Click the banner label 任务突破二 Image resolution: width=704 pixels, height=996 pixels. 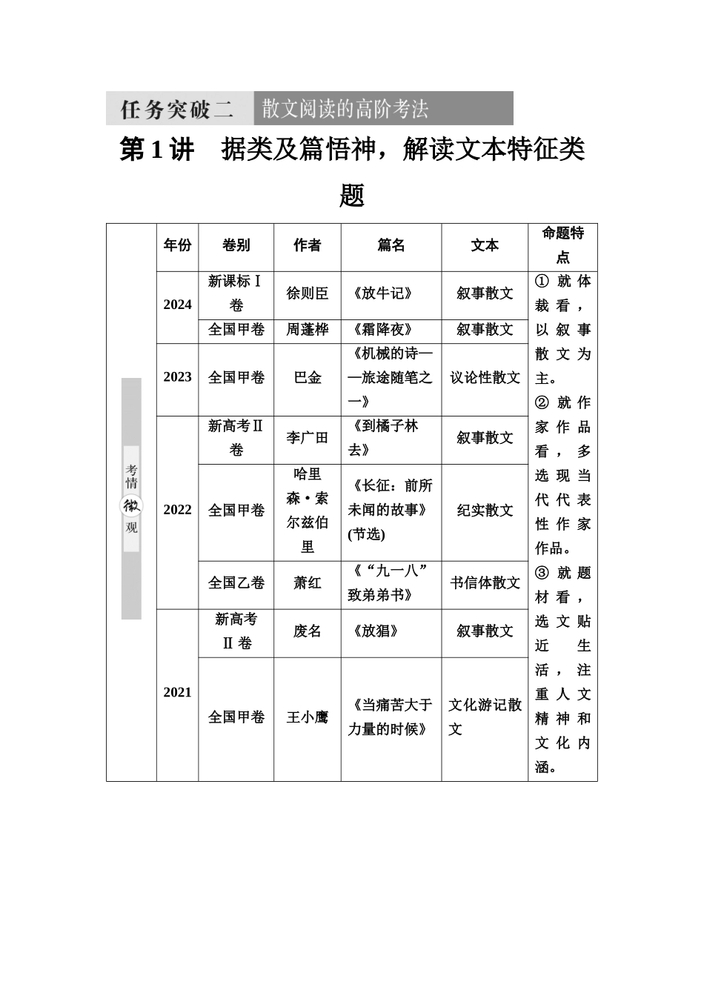(x=177, y=109)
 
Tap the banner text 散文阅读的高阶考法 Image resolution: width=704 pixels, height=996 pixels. (x=345, y=109)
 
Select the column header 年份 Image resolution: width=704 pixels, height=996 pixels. (x=177, y=245)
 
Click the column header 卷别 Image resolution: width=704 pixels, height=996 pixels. (x=236, y=245)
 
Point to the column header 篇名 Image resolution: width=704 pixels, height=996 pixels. (x=391, y=245)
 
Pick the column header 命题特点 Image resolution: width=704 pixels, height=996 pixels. (x=562, y=245)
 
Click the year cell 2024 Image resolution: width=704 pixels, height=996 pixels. (x=177, y=305)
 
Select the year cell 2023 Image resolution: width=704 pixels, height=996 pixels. (x=177, y=377)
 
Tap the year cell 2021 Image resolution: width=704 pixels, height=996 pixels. (x=177, y=692)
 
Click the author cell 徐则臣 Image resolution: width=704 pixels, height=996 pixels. (x=308, y=293)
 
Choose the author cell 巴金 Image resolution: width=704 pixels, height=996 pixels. (x=308, y=377)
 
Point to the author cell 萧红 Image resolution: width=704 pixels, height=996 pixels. (x=308, y=583)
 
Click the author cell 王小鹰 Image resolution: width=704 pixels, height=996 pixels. (x=308, y=717)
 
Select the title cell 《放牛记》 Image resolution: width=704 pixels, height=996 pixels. (x=382, y=293)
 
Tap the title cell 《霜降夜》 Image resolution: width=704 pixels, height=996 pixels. (x=382, y=330)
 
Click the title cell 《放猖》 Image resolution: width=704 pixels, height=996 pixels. (x=376, y=631)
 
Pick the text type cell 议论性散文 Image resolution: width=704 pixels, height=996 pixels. (x=485, y=377)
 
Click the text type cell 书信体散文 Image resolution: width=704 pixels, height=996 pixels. (x=485, y=583)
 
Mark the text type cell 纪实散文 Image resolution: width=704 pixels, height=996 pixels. (x=485, y=511)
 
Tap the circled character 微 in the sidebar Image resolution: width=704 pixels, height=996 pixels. (x=131, y=505)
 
